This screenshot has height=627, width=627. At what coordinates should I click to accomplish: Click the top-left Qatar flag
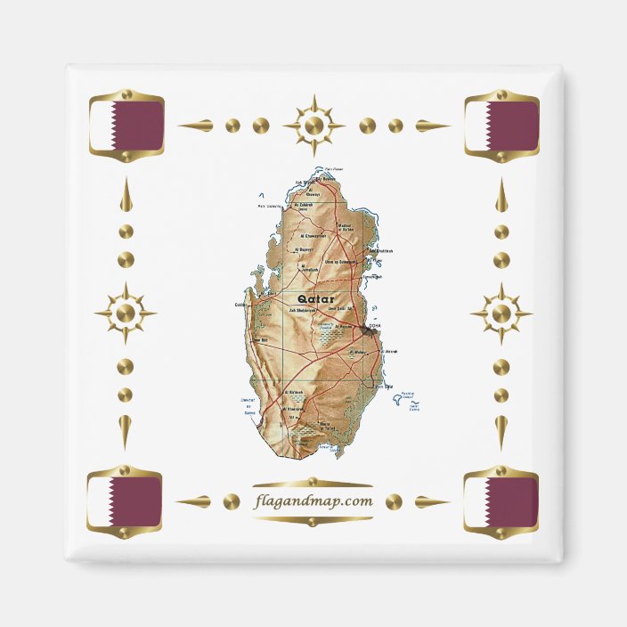(x=126, y=126)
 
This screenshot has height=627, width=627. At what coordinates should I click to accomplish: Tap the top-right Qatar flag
(x=501, y=126)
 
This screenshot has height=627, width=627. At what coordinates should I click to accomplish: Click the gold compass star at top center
(x=313, y=126)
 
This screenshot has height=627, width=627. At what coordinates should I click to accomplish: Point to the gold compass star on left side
(x=126, y=313)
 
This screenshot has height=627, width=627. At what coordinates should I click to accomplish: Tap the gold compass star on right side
(x=501, y=313)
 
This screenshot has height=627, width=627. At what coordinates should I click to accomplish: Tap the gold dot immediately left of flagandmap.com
(x=232, y=502)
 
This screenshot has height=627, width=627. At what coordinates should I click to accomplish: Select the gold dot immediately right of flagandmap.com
(x=394, y=502)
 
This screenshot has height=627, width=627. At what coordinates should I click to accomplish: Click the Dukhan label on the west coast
(x=241, y=304)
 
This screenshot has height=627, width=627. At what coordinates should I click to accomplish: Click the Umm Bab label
(x=262, y=339)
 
